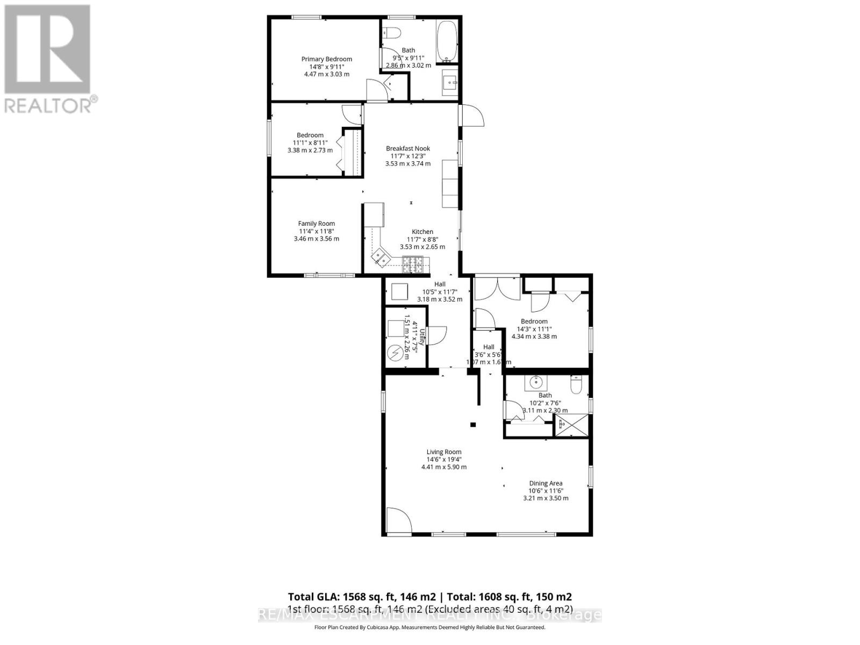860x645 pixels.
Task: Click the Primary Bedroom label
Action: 326,59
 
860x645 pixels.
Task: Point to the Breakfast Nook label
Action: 408,148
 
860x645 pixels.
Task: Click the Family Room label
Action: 317,224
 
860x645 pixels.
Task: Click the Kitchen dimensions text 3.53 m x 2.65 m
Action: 422,247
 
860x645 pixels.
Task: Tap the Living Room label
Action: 444,452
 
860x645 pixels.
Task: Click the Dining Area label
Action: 546,483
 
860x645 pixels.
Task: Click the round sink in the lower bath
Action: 536,383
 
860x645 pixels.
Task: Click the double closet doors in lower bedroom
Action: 497,289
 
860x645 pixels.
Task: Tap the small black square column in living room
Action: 473,425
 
